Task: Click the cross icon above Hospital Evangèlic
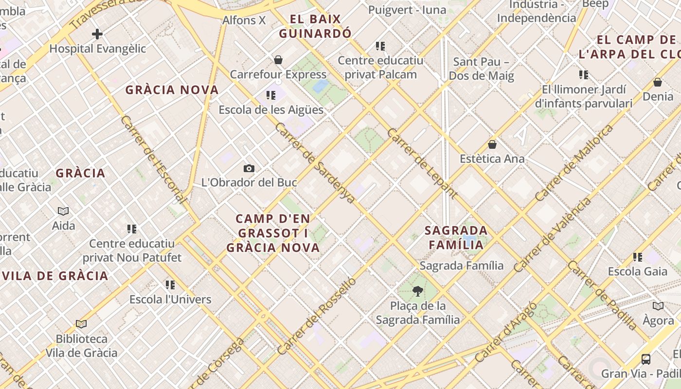[97, 34]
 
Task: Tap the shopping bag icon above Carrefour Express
[278, 60]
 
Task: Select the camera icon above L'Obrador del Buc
[249, 168]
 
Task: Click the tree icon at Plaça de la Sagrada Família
[417, 291]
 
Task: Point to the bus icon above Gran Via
[646, 359]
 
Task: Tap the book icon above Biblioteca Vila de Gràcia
[81, 324]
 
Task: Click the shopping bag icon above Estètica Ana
[492, 144]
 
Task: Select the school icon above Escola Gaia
[637, 257]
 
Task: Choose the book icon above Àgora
[658, 306]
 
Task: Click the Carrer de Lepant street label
[422, 163]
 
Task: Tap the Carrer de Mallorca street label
[574, 163]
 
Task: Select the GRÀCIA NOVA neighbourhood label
[172, 90]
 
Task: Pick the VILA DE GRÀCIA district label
[55, 276]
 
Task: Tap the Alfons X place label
[244, 20]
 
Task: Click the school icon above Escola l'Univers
[170, 284]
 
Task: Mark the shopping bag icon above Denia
[658, 82]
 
